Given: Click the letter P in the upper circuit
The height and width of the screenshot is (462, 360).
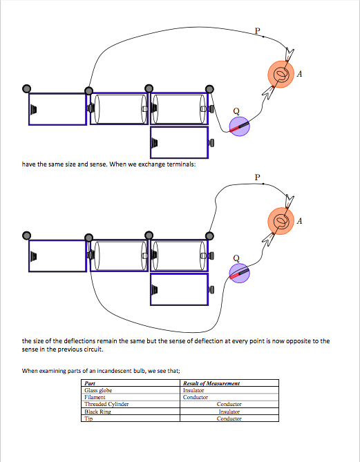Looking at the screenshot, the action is point(258,31).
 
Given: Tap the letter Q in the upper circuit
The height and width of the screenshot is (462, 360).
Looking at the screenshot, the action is point(236,111).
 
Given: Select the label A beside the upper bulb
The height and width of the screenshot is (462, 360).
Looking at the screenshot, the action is point(300,74).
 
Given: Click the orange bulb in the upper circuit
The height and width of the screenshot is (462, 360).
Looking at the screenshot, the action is point(281,75).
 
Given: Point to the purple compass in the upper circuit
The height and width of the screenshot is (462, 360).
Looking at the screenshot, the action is point(240,126).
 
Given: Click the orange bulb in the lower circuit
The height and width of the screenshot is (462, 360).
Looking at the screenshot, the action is point(281,221).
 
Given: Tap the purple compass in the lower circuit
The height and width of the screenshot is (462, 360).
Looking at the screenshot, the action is point(240,273).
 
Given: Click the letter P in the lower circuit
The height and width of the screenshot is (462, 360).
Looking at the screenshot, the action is point(258,177).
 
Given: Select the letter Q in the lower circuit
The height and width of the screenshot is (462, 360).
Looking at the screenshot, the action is point(236,258).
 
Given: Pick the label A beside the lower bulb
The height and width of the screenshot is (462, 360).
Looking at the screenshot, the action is point(300,221).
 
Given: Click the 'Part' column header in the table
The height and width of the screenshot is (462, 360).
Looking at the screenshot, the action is point(90,383).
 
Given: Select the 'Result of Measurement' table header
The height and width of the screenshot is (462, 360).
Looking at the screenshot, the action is point(211,383).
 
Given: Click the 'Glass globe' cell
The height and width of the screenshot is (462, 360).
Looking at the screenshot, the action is point(98,390).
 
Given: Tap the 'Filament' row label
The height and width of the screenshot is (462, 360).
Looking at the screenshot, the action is point(95,398).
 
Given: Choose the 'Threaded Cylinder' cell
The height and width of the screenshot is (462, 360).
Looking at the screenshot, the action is point(106,404).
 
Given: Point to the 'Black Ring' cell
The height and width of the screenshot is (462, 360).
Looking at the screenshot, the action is point(97,412).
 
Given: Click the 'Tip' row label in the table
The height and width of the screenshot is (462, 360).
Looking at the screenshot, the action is point(88,418).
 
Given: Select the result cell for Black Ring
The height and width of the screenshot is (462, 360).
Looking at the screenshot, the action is point(229,412).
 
